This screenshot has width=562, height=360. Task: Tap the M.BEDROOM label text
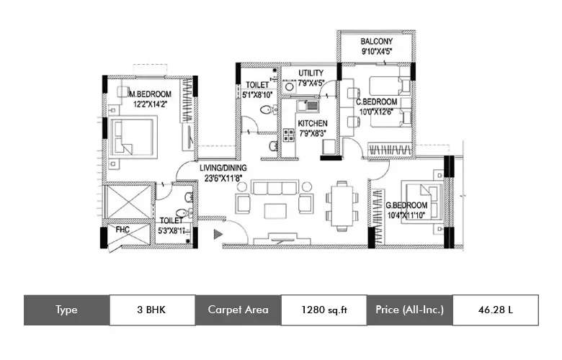coord(150,94)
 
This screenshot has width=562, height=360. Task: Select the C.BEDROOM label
coord(377,102)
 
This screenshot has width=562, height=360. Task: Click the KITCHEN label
coord(313,123)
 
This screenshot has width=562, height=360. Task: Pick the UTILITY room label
coord(311,73)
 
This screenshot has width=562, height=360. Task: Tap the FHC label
coord(122,231)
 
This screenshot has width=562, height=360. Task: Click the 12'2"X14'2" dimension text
coord(149,105)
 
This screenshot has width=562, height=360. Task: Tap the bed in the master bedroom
coord(134,137)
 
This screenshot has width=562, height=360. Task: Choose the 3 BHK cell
coord(151,310)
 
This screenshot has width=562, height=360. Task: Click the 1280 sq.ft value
coord(324,310)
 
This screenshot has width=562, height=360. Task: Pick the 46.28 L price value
coord(495,310)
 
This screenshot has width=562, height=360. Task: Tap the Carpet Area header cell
coord(238,310)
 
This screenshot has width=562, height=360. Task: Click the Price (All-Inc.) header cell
coord(409,310)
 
